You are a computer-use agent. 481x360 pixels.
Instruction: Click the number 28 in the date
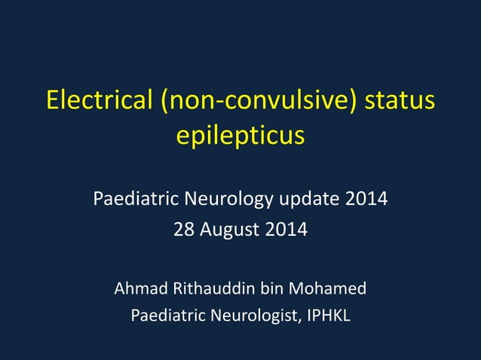pos(183,229)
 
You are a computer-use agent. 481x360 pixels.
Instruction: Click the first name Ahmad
pos(136,288)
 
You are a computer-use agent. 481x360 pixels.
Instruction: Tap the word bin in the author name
pos(272,288)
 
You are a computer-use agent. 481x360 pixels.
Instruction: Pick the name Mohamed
pos(328,288)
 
